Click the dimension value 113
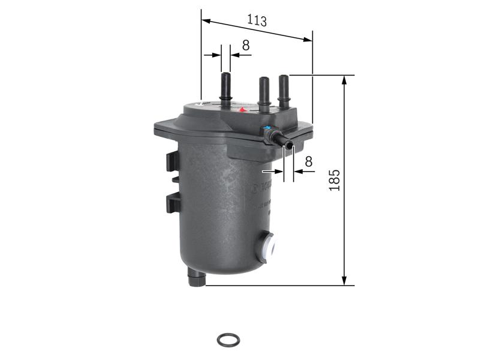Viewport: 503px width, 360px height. pos(257,20)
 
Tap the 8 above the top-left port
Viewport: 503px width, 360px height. pos(245,45)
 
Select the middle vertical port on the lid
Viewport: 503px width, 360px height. pos(263,92)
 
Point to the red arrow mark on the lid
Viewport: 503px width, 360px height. pos(243,110)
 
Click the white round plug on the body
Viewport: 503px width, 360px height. pos(267,247)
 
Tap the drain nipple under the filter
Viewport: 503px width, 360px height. pos(196,279)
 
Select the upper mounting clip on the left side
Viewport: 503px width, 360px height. pos(172,161)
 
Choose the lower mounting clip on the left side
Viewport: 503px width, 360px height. pos(173,203)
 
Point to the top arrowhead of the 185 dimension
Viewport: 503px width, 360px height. pos(344,80)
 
